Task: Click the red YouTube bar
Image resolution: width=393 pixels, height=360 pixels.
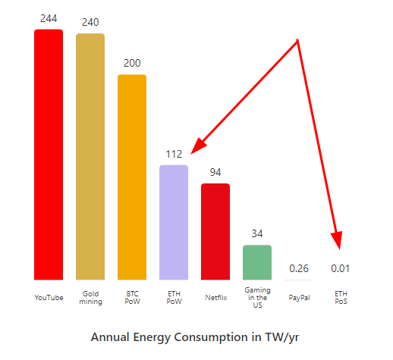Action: [49, 155]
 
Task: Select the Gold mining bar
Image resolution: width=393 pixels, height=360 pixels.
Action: [90, 157]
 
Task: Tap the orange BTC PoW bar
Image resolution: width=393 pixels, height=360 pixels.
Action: [132, 177]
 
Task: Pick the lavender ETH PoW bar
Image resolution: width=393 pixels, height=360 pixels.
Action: [174, 222]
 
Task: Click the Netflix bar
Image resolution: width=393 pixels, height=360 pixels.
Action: [215, 231]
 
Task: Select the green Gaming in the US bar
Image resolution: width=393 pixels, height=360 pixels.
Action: [257, 262]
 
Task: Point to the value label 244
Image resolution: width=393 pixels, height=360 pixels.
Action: [49, 18]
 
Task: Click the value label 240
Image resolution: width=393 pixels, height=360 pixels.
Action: [90, 22]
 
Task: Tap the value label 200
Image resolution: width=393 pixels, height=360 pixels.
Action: [132, 63]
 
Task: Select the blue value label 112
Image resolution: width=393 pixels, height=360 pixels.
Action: [174, 154]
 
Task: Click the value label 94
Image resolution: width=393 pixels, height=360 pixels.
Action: [215, 172]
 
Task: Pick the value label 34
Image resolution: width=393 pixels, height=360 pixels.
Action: [257, 233]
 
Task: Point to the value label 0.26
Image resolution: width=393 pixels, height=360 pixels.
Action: [299, 268]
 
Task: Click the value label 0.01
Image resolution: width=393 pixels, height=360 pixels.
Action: [341, 268]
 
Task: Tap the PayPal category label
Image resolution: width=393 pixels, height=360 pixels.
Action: [299, 298]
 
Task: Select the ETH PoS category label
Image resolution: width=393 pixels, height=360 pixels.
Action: [341, 297]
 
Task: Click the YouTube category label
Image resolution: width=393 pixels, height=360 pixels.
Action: [49, 298]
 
